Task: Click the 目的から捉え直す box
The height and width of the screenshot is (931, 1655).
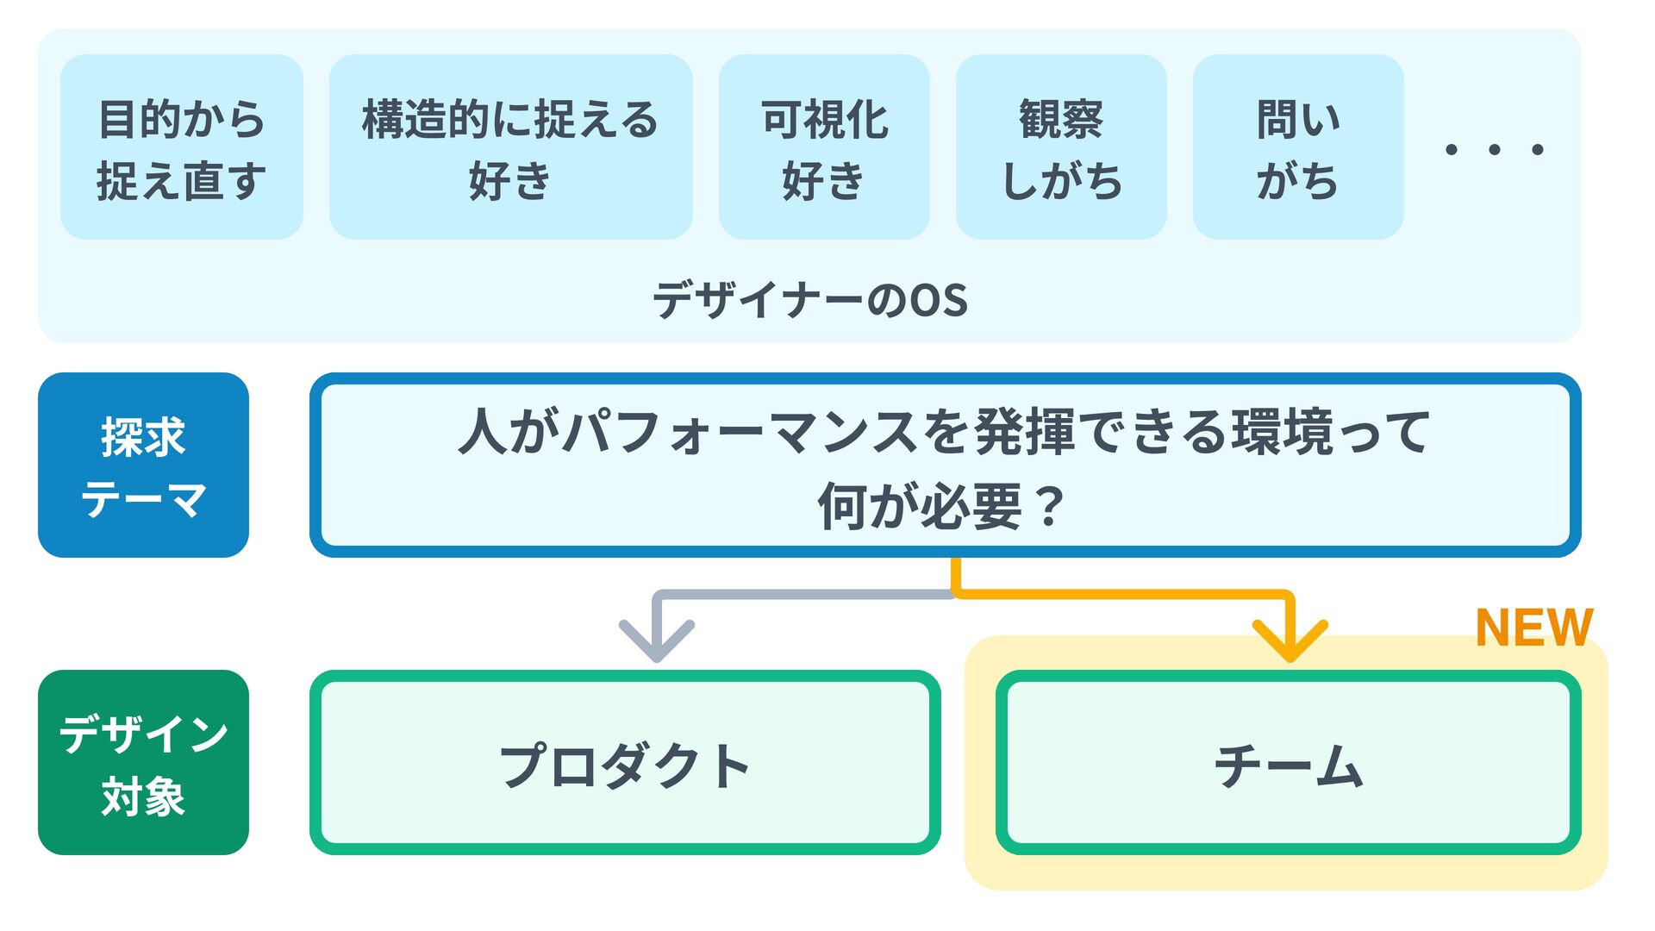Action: click(181, 147)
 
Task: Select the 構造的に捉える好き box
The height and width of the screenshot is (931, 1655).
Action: click(510, 147)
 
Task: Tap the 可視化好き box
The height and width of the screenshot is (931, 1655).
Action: click(824, 147)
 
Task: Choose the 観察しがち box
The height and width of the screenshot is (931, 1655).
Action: click(1061, 147)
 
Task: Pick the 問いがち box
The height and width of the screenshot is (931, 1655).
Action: click(1298, 147)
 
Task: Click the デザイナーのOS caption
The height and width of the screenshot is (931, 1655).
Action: click(810, 301)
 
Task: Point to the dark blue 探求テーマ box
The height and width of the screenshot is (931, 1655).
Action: click(143, 465)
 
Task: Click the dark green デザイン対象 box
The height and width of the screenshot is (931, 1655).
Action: click(143, 763)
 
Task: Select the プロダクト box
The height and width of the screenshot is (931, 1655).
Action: click(625, 764)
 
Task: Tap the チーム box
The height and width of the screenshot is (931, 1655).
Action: click(1289, 764)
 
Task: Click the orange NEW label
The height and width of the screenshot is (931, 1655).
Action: click(1534, 628)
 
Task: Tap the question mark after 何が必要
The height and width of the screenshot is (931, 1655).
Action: click(1049, 507)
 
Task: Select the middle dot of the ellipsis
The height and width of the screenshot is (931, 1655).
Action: click(1495, 150)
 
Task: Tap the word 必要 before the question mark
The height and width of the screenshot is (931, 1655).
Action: click(971, 507)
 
